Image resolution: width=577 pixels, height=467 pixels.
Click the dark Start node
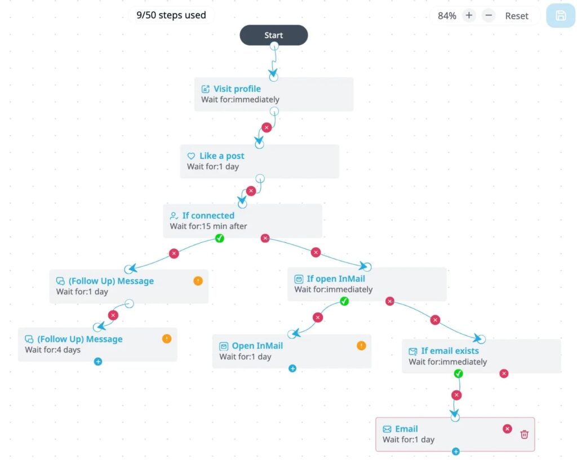(x=274, y=35)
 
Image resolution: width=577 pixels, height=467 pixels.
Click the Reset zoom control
(x=516, y=16)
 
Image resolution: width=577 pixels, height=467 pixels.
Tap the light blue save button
(x=561, y=16)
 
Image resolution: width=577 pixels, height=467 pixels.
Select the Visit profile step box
(x=274, y=94)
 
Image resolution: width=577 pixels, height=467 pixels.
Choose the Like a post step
(x=260, y=162)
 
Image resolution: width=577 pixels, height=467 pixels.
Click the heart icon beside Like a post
(x=191, y=156)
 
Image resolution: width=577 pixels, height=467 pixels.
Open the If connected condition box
(x=243, y=221)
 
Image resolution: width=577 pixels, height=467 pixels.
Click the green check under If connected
(x=220, y=238)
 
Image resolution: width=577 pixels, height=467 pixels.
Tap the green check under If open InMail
(x=344, y=301)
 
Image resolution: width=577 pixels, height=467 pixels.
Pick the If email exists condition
(x=481, y=356)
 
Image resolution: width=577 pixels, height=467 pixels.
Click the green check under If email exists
(x=459, y=373)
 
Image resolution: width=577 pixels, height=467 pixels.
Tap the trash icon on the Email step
(x=524, y=434)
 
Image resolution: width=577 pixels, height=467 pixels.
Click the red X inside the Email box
(x=507, y=429)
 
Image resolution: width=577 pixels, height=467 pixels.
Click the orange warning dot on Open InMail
(x=361, y=346)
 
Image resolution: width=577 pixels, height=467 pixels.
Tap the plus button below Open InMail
(x=292, y=368)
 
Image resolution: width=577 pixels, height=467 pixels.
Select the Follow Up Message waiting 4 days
(x=97, y=344)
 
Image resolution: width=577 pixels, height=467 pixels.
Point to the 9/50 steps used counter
(x=171, y=15)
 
